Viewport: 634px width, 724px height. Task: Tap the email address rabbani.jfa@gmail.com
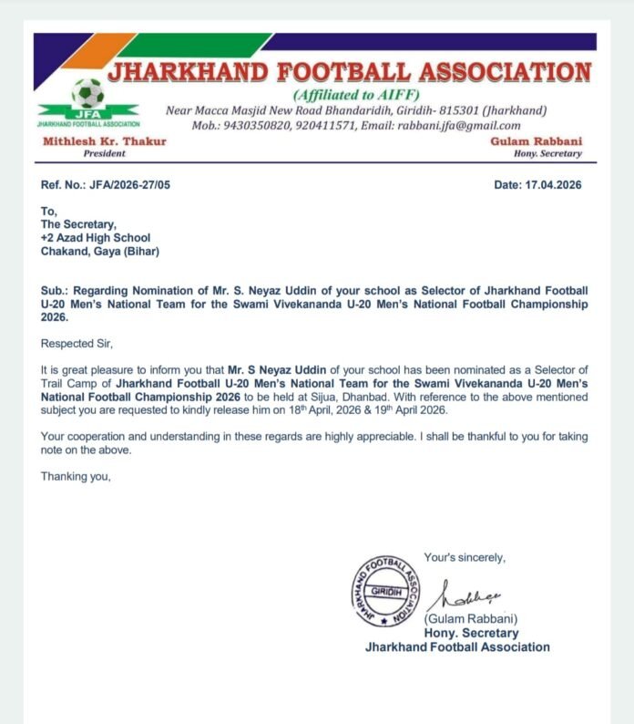click(465, 126)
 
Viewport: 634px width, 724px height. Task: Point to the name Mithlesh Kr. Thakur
click(87, 142)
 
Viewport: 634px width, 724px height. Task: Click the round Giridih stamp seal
click(386, 589)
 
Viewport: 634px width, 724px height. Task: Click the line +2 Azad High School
click(96, 238)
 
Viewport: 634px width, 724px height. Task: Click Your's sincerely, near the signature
click(465, 557)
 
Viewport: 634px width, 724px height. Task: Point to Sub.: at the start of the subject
click(55, 290)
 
